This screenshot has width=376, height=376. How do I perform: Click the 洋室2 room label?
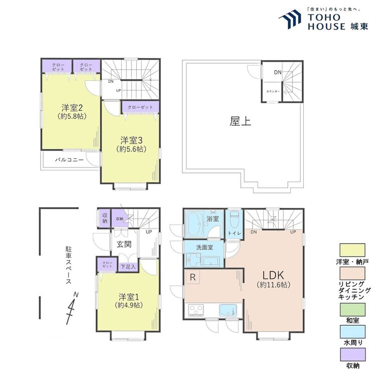tap(72, 108)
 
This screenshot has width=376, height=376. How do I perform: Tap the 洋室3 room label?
tap(131, 140)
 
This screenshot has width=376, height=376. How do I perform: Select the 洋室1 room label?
tap(129, 297)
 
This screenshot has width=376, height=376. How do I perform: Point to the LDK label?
tap(273, 275)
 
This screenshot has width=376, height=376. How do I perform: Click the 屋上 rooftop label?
tap(240, 121)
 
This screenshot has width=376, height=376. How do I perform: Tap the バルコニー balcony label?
tap(69, 160)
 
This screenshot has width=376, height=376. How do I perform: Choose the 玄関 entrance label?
tap(124, 244)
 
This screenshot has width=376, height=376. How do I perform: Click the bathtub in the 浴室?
tap(195, 225)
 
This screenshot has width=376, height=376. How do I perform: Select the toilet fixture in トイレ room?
tap(234, 219)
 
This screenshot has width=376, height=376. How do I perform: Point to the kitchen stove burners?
tap(196, 310)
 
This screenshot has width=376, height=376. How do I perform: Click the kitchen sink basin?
tap(228, 310)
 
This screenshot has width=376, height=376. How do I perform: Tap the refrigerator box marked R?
tap(193, 277)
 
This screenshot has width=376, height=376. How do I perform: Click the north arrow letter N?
tap(76, 294)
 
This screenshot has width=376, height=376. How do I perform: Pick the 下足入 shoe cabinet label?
tap(128, 267)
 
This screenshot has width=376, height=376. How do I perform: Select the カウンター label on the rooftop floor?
tap(273, 92)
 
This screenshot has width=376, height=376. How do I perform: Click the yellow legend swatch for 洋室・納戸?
tap(352, 250)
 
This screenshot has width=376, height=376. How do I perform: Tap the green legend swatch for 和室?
tap(352, 309)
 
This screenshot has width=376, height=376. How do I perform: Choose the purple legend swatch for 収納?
tap(352, 354)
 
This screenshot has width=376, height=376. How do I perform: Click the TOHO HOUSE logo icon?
tap(290, 19)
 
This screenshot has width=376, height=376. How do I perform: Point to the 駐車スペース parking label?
tap(69, 265)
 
